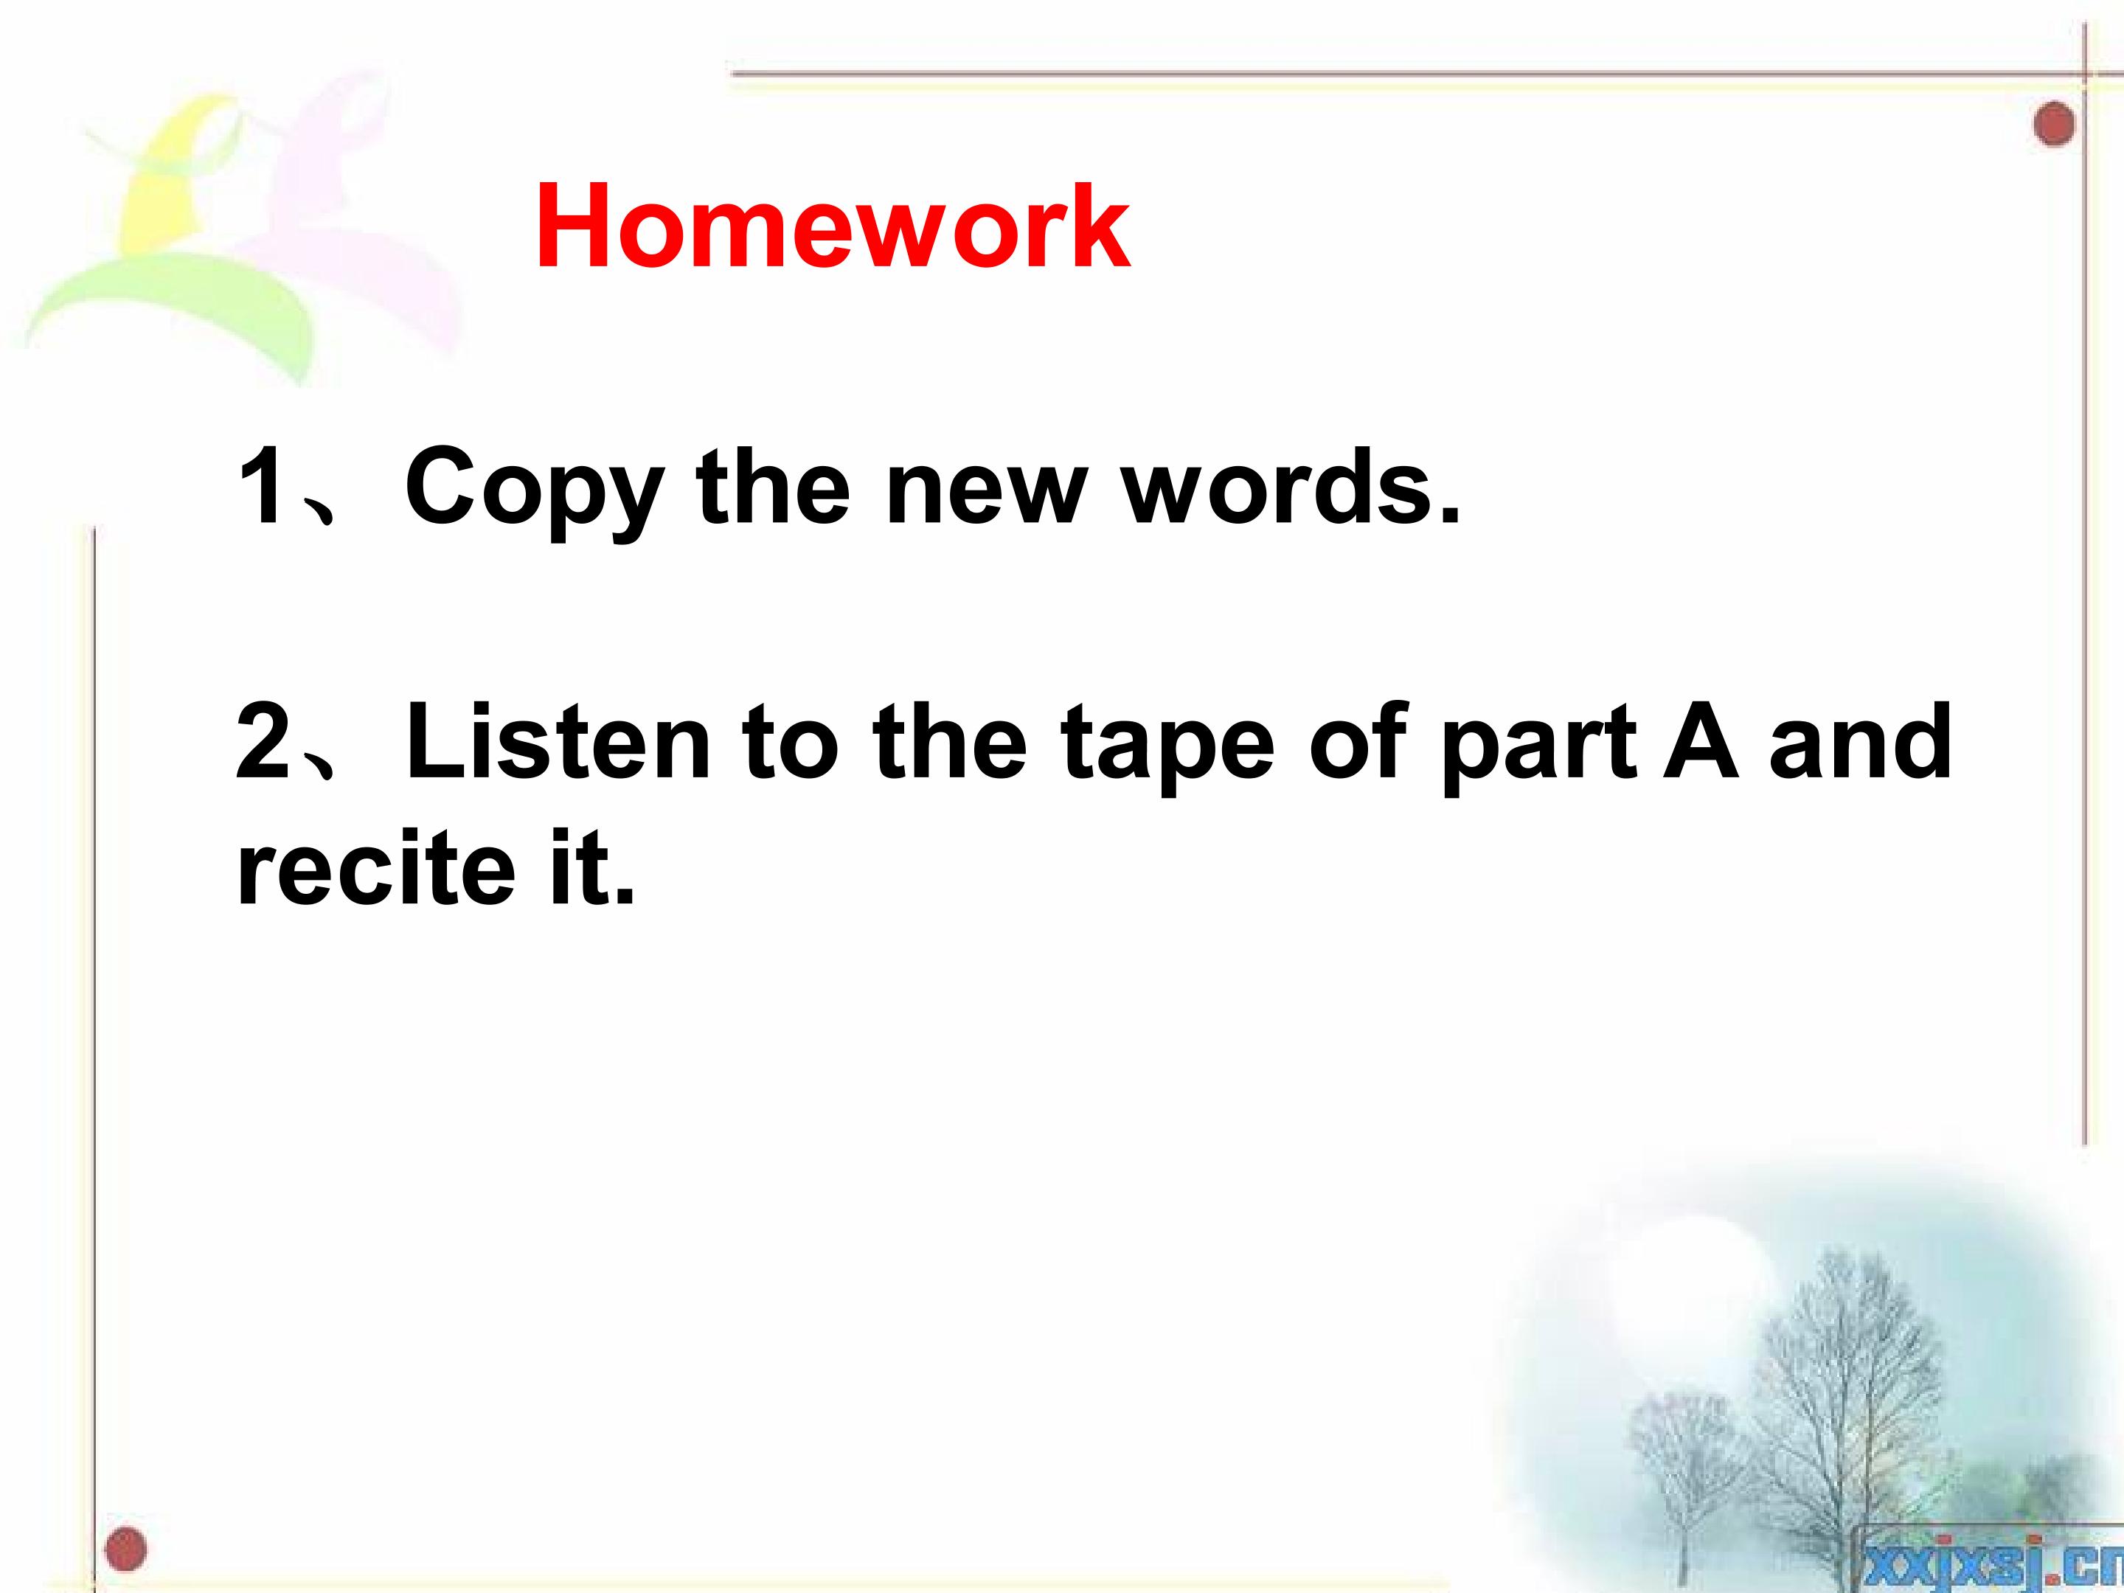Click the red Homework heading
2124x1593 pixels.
coord(833,226)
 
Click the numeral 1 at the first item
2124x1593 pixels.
coord(261,486)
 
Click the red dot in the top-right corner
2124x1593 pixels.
coord(2054,124)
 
